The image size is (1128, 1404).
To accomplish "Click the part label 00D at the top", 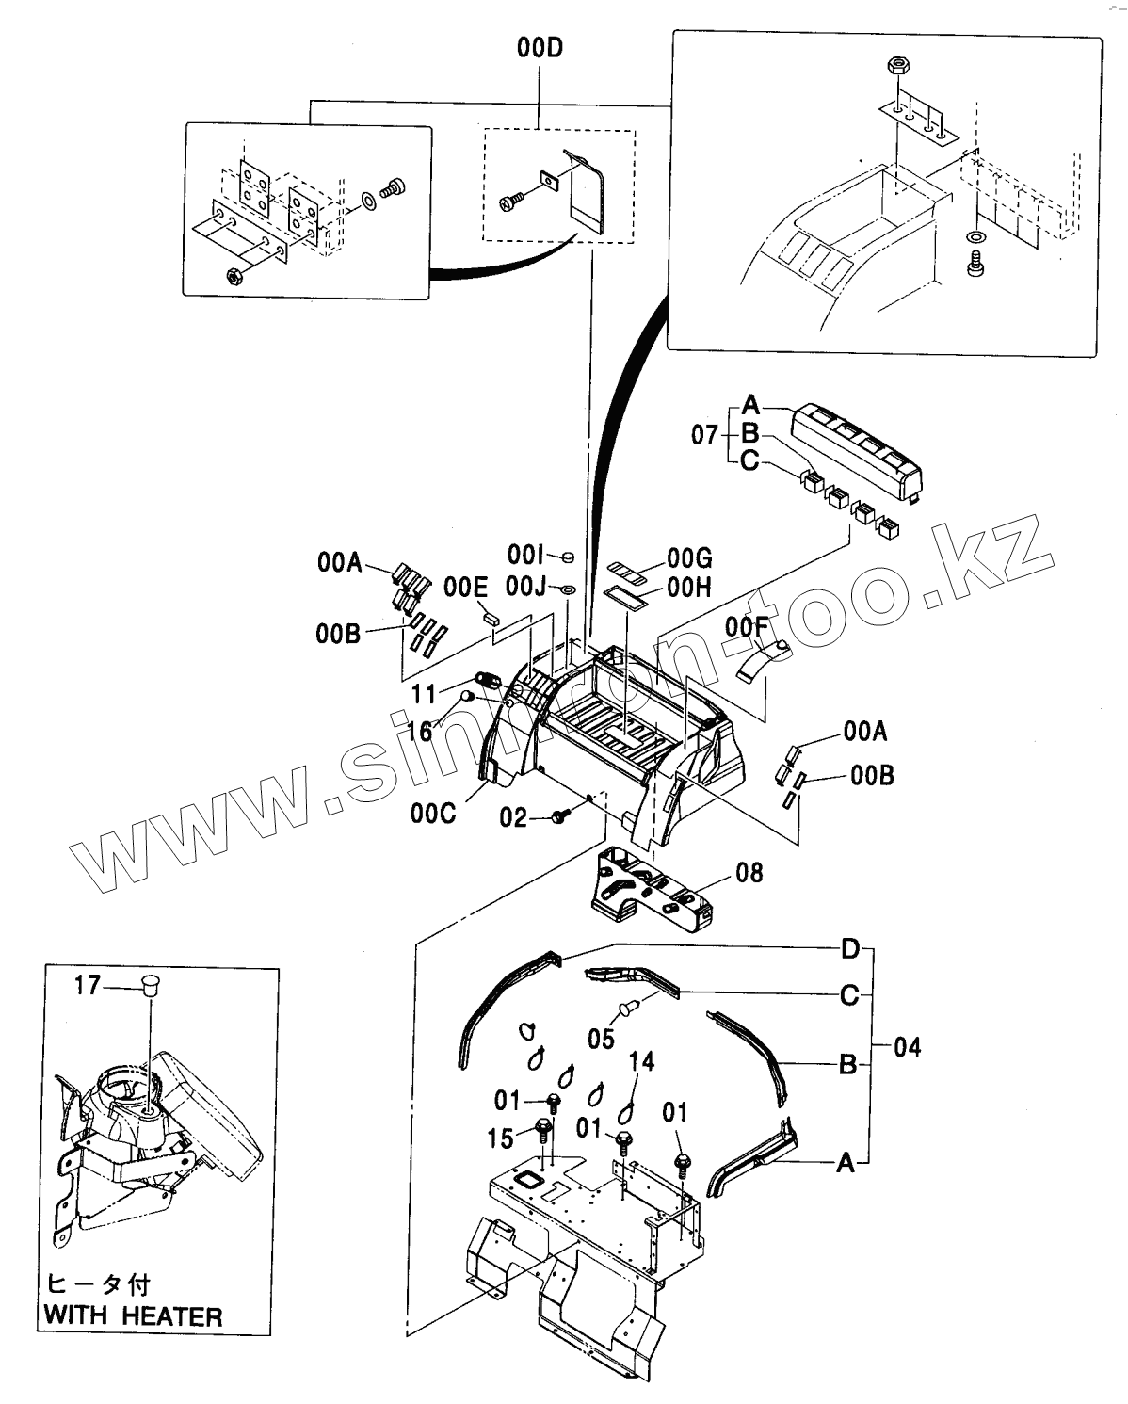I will point(539,48).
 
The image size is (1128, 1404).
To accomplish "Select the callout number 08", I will point(749,873).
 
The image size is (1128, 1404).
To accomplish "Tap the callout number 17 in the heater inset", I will point(87,986).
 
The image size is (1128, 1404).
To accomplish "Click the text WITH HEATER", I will point(133,1315).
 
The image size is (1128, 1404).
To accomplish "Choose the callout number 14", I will point(641,1062).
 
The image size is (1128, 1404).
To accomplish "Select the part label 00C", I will point(433,811).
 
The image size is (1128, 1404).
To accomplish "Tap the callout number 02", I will point(513,817).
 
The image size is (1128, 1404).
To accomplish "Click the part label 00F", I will point(743,626).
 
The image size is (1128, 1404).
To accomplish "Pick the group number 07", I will point(705,435).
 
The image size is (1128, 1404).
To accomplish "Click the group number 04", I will point(907,1046).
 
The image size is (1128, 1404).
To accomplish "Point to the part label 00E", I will point(466,589).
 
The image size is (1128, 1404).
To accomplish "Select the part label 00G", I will point(689,557).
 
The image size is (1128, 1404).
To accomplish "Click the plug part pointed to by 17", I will point(148,986).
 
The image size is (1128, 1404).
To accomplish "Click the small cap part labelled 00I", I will point(567,556).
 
